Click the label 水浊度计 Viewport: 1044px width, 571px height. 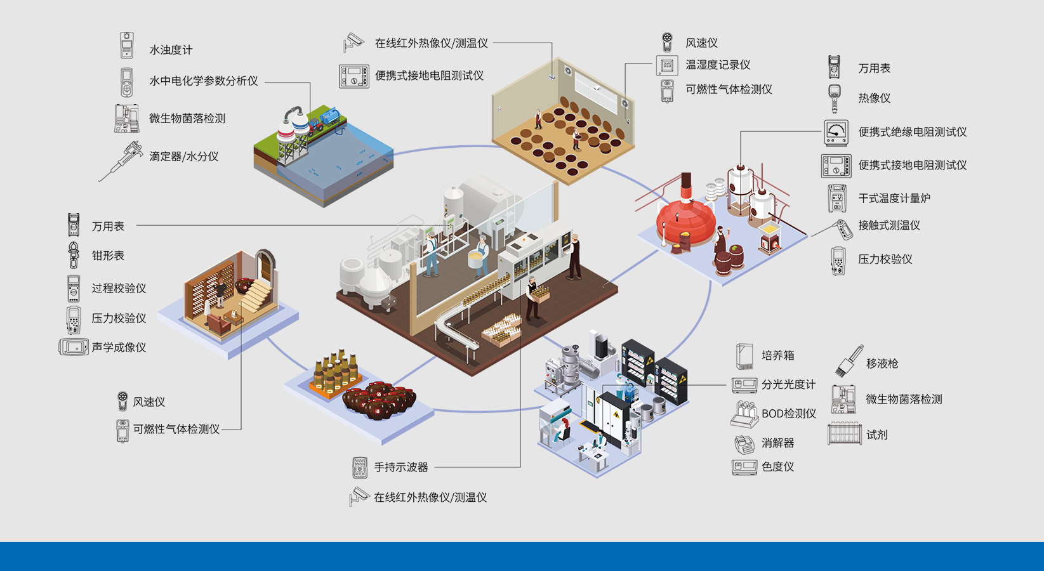tap(170, 50)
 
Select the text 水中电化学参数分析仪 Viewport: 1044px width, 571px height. tap(203, 81)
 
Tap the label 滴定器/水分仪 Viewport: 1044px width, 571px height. tap(183, 157)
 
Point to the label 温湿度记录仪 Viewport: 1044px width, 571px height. tap(717, 65)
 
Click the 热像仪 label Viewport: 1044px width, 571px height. tap(874, 98)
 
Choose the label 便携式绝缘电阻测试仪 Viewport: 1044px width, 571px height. tap(912, 132)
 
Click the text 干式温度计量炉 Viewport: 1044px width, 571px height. tap(894, 199)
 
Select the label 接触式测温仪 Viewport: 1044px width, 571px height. tap(889, 225)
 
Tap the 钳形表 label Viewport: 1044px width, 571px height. tap(108, 256)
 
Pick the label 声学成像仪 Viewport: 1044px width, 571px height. tap(119, 348)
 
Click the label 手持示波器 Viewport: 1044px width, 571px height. tap(400, 468)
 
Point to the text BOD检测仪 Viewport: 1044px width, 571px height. tap(788, 414)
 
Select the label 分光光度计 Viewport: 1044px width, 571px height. tap(788, 384)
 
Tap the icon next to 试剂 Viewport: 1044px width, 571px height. tap(845, 434)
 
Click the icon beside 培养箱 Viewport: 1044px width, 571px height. tap(744, 357)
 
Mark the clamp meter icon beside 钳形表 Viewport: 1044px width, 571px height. tap(74, 255)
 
